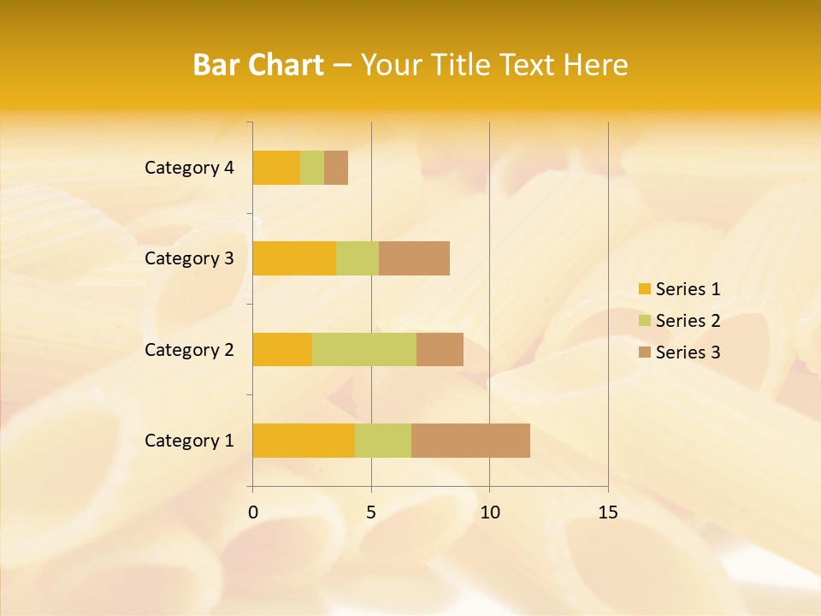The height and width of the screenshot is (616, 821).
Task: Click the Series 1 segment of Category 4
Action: coord(276,168)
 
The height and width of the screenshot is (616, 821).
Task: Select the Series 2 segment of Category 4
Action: coord(312,168)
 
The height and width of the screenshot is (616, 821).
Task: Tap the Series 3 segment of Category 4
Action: coord(336,168)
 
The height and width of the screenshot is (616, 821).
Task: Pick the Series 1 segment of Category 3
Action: coord(294,258)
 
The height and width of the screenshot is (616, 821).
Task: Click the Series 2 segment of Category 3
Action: coord(357,258)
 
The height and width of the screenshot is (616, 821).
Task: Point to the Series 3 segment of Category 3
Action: coord(414,258)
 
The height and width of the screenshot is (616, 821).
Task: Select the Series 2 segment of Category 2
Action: coord(364,349)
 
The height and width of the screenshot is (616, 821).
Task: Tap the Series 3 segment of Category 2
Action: coord(440,349)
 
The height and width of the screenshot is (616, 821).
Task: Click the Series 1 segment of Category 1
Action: coord(304,441)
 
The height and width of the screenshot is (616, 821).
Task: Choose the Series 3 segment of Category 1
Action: coord(470,441)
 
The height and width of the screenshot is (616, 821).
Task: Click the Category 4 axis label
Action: coord(189,168)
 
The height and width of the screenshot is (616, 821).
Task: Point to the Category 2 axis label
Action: coord(189,349)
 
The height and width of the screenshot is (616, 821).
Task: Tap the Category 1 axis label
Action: coord(189,441)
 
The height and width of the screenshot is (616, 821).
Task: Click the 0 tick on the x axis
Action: coord(253,512)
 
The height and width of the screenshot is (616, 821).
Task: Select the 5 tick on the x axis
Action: coord(371,512)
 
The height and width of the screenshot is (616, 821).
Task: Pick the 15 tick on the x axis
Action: coord(607,512)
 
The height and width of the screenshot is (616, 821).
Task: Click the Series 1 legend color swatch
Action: coord(644,289)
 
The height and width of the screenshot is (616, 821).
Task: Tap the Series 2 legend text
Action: coord(688,321)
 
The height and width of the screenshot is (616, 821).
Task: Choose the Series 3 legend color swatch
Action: coord(644,352)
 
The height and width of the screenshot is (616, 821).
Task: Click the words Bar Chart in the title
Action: coord(258,65)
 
